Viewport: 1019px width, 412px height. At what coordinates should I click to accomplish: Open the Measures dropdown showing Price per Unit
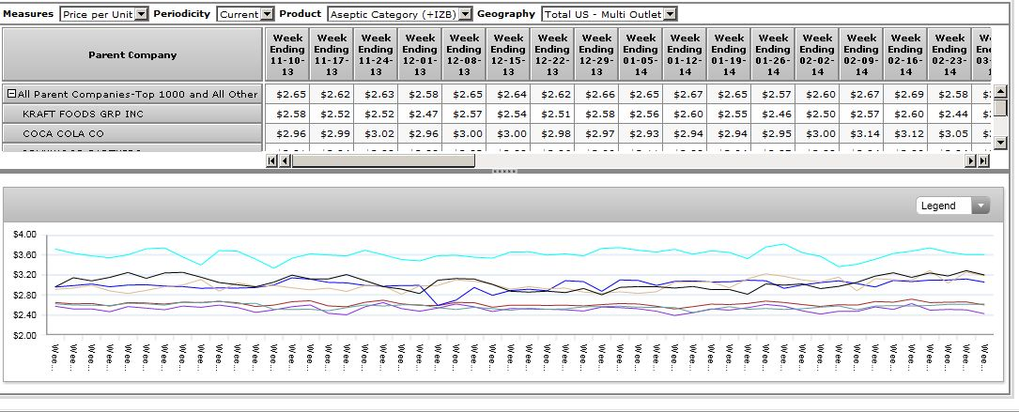coord(103,14)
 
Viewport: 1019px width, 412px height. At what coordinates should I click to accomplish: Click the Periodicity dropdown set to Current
coord(244,14)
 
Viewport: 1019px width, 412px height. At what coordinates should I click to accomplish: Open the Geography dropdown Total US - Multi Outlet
coord(609,14)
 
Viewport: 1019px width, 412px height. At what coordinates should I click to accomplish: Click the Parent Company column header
coord(132,54)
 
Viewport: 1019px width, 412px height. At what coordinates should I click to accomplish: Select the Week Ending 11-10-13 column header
coord(287,54)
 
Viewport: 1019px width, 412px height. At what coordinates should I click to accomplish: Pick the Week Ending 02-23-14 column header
coord(950,54)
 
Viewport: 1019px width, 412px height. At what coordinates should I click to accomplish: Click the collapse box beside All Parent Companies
coord(11,94)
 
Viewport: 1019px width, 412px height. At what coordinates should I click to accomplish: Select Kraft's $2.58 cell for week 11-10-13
coord(287,114)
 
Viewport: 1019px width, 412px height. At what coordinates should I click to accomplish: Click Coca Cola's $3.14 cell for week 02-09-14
coord(861,133)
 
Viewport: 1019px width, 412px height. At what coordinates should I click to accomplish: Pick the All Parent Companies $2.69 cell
coord(905,94)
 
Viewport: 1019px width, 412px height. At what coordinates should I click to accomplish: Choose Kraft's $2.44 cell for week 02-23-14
coord(950,114)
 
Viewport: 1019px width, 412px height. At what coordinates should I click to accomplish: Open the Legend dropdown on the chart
coord(952,206)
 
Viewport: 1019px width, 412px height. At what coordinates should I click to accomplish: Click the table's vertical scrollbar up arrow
coord(1000,91)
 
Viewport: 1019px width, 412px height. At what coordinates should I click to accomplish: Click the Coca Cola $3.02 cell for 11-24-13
coord(376,133)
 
